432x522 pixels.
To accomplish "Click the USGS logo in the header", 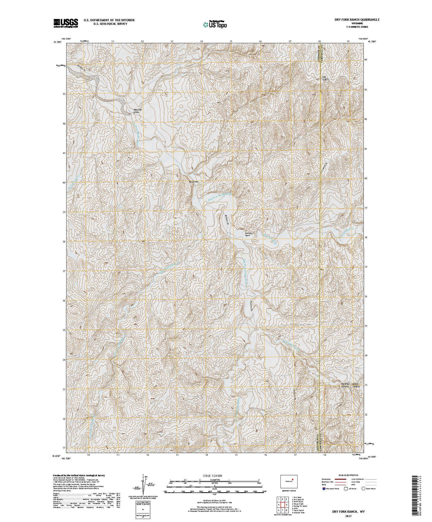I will point(66,23).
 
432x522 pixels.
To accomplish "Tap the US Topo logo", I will point(215,24).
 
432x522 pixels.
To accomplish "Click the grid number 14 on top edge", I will point(201,41).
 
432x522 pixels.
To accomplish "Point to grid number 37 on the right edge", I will point(366,267).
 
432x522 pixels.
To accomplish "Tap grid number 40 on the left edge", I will point(64,183).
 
